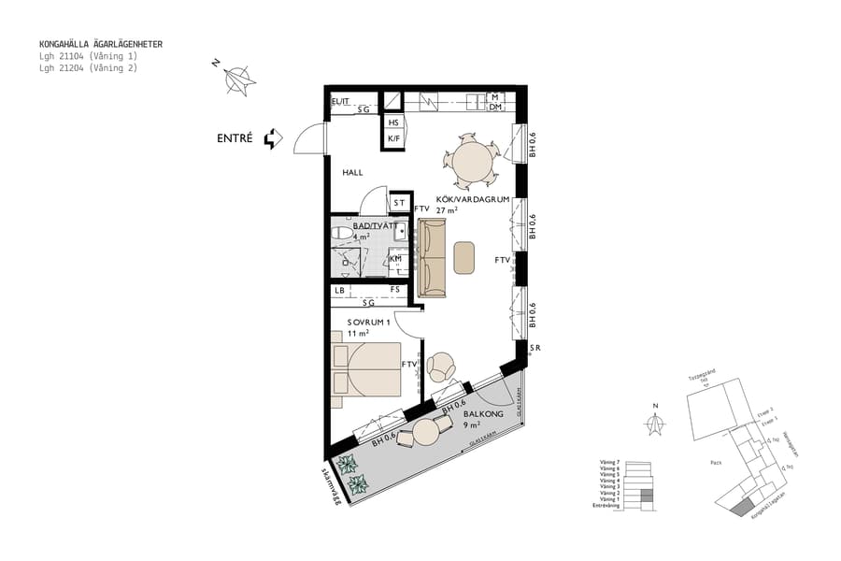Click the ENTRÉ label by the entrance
[x=235, y=138]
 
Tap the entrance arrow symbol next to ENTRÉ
[x=273, y=139]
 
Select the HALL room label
[x=352, y=173]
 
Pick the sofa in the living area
[x=433, y=258]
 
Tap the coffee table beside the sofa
[x=464, y=257]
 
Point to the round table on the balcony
[x=427, y=433]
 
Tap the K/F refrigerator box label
[x=394, y=139]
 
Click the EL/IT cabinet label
[x=340, y=101]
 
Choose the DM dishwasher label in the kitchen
[x=495, y=108]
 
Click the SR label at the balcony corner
[x=535, y=348]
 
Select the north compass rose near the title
[x=239, y=80]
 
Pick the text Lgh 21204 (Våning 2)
[x=88, y=67]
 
